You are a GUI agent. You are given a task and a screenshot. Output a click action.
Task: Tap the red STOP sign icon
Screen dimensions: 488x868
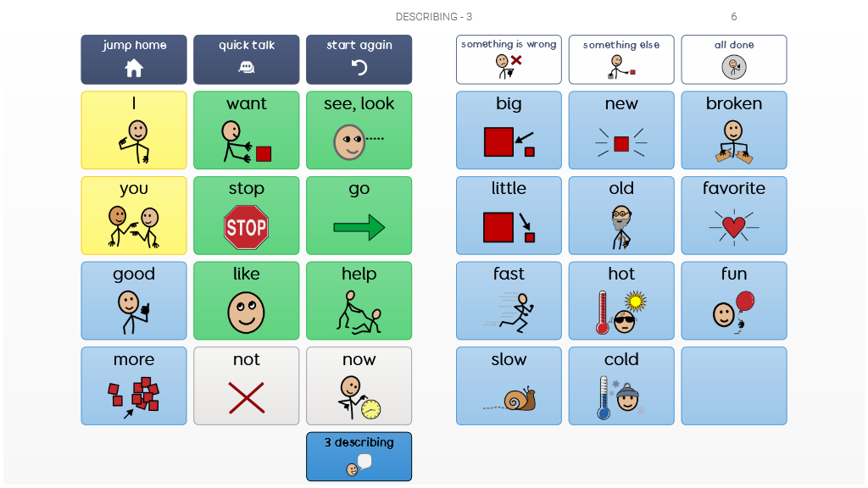[x=246, y=227]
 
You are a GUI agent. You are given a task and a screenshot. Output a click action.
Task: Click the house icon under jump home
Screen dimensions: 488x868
[x=134, y=68]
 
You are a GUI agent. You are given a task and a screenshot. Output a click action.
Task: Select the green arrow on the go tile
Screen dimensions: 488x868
[x=359, y=227]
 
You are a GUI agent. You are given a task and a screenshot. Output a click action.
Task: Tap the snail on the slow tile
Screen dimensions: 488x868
[x=519, y=400]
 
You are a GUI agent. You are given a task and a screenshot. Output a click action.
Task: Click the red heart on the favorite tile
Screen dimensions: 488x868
[x=734, y=227]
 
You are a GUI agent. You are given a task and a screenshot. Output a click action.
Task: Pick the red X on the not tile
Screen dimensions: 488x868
[x=246, y=397]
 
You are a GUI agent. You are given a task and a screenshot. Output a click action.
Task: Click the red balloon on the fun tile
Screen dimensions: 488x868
[x=745, y=302]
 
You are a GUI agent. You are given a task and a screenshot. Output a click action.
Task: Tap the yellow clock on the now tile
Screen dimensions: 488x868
[x=370, y=410]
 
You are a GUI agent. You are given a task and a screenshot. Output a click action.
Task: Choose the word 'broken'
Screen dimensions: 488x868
[x=734, y=104]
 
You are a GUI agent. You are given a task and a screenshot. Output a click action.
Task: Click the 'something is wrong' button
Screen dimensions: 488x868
[x=509, y=59]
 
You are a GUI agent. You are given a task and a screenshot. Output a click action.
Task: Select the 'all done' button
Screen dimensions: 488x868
[x=734, y=59]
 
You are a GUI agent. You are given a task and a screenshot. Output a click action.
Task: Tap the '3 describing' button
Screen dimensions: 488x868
[x=359, y=456]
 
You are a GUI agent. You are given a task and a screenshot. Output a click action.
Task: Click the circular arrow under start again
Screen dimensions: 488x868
[x=359, y=68]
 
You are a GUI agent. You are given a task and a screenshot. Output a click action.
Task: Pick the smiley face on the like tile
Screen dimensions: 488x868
[x=246, y=313]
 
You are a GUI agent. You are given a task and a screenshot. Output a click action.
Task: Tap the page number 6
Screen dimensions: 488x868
[x=734, y=17]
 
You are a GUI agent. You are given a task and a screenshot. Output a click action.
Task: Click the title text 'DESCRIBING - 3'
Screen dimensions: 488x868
[x=434, y=17]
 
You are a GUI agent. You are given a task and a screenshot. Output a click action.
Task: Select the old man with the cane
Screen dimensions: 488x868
[x=621, y=227]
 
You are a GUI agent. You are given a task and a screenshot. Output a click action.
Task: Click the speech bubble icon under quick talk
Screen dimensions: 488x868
[x=247, y=68]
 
